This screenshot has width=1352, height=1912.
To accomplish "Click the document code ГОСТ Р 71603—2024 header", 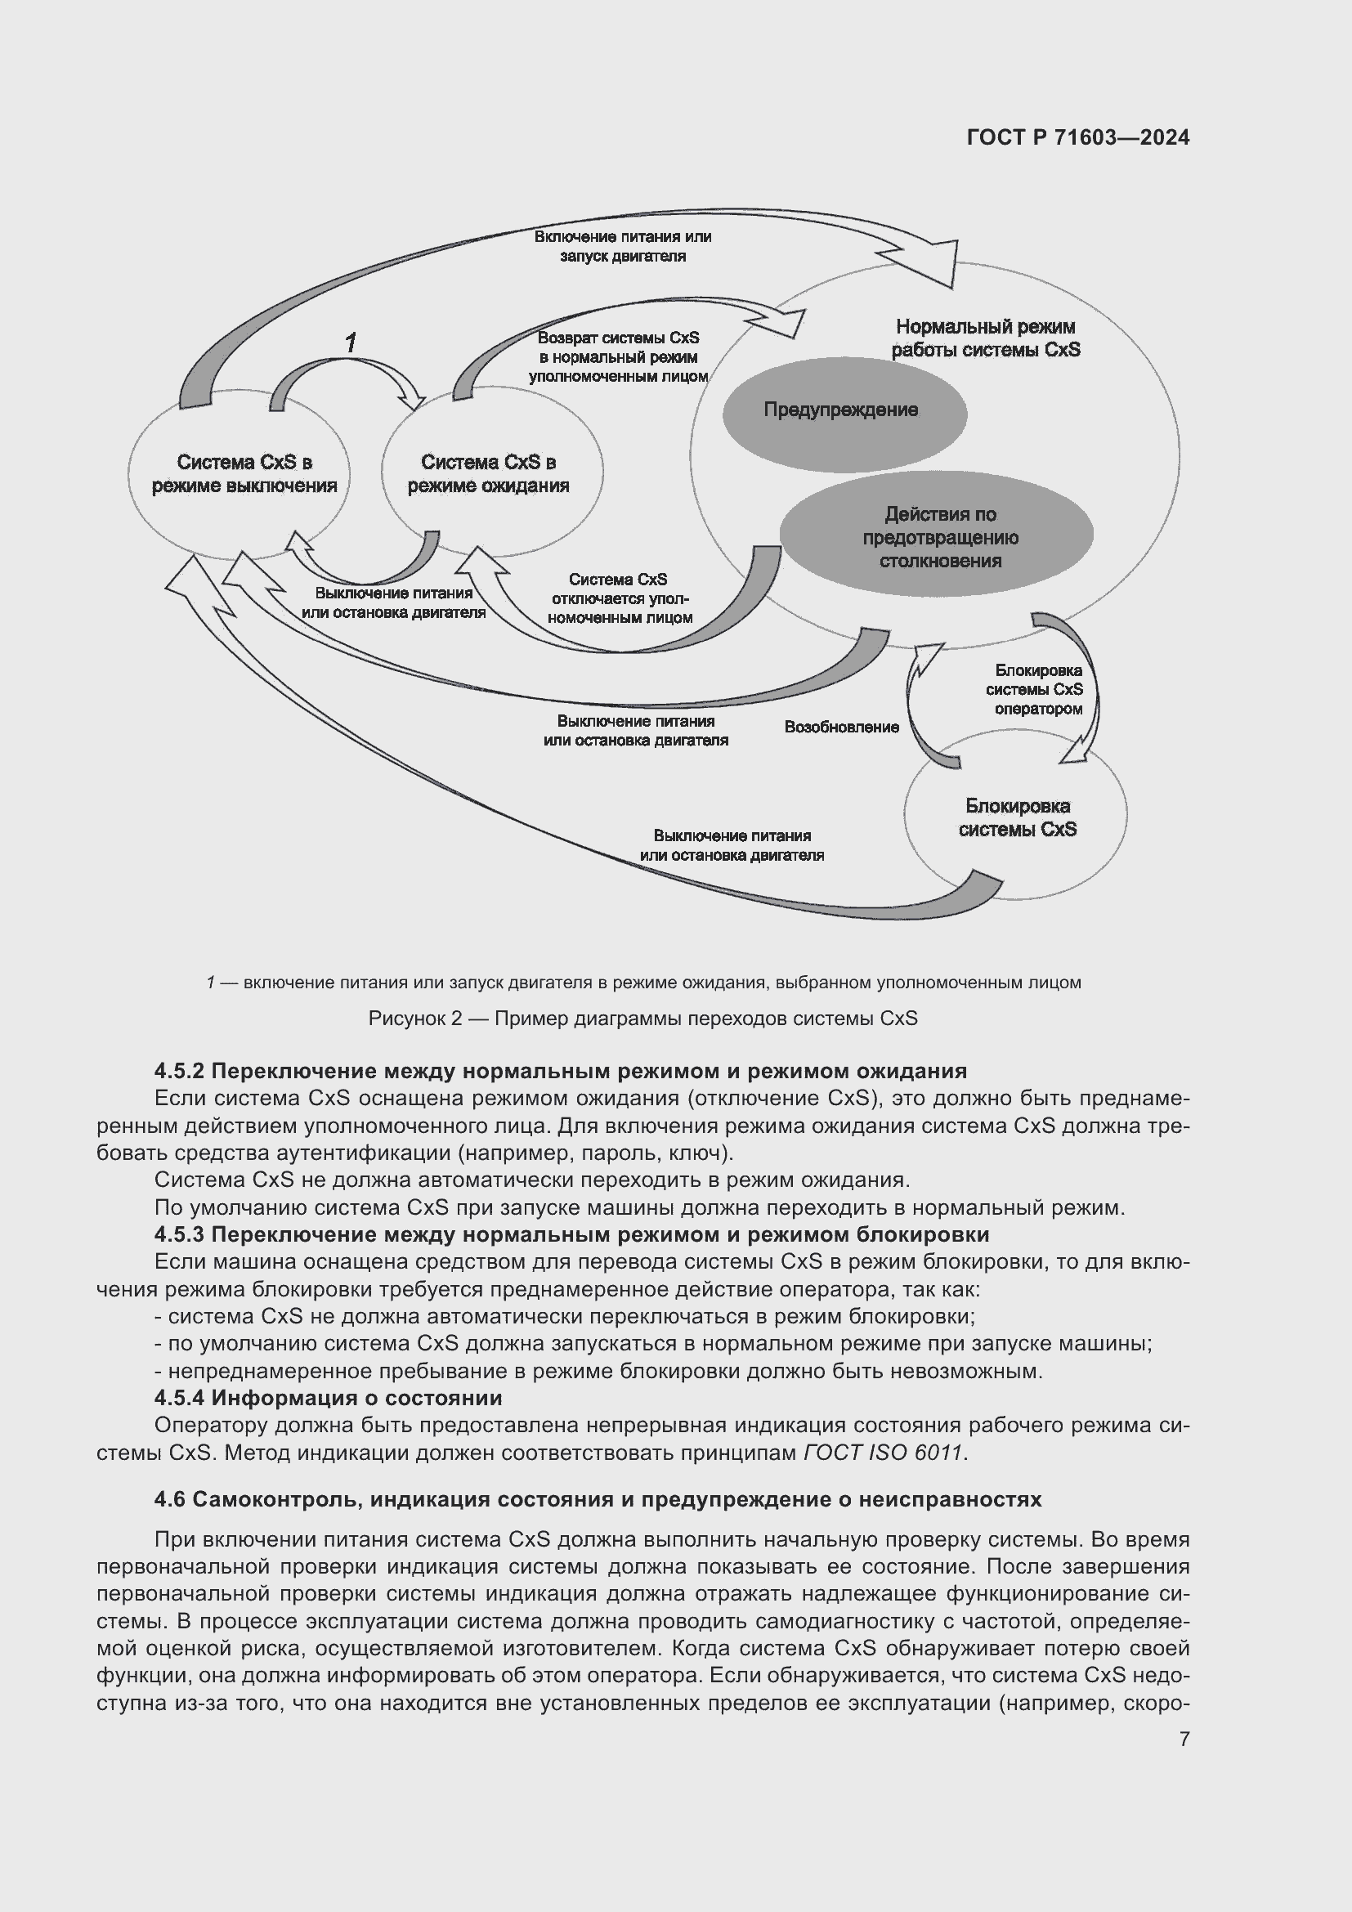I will pyautogui.click(x=1077, y=137).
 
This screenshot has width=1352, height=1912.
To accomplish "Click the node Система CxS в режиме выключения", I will pyautogui.click(x=243, y=474).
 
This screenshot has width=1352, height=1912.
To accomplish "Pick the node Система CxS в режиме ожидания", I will pyautogui.click(x=489, y=474).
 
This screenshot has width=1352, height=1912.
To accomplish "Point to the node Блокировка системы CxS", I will pyautogui.click(x=1017, y=817).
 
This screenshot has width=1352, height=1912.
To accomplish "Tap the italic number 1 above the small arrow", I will pyautogui.click(x=351, y=342).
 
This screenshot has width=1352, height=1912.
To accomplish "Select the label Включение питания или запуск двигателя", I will pyautogui.click(x=622, y=247).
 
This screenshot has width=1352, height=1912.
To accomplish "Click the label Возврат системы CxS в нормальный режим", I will pyautogui.click(x=618, y=357).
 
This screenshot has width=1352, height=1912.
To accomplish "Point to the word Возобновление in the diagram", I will pyautogui.click(x=841, y=727).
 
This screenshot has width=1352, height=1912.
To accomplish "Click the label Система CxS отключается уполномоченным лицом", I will pyautogui.click(x=619, y=598).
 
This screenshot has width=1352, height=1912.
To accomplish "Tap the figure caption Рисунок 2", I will pyautogui.click(x=642, y=1019).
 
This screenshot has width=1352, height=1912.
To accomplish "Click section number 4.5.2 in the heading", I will pyautogui.click(x=178, y=1071).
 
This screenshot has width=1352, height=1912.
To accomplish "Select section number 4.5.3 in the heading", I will pyautogui.click(x=178, y=1234).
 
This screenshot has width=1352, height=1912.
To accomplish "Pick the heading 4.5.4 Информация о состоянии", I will pyautogui.click(x=328, y=1397).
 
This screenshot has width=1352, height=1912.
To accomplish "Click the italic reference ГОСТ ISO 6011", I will pyautogui.click(x=884, y=1453).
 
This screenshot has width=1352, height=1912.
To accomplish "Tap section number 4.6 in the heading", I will pyautogui.click(x=170, y=1500).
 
